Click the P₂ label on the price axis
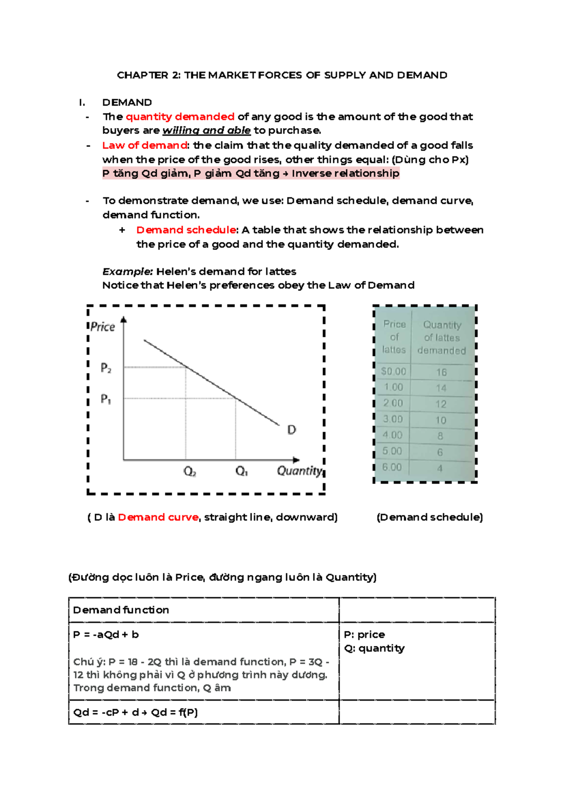pyautogui.click(x=106, y=368)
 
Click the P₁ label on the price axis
pyautogui.click(x=106, y=399)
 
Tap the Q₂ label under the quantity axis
pyautogui.click(x=190, y=471)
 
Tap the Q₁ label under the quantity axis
pyautogui.click(x=242, y=471)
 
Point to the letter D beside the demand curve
pyautogui.click(x=291, y=430)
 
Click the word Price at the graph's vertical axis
pyautogui.click(x=103, y=327)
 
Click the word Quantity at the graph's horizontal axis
pyautogui.click(x=299, y=471)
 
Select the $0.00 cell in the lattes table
pyautogui.click(x=394, y=371)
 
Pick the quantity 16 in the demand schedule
pyautogui.click(x=441, y=372)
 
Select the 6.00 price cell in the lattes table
pyautogui.click(x=392, y=468)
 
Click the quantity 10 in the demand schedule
pyautogui.click(x=441, y=420)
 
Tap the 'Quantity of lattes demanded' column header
pyautogui.click(x=442, y=338)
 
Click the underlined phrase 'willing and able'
pyautogui.click(x=206, y=130)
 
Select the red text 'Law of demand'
pyautogui.click(x=145, y=145)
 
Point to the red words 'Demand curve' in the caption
pyautogui.click(x=158, y=517)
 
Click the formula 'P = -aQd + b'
pyautogui.click(x=106, y=635)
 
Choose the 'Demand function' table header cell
pyautogui.click(x=121, y=610)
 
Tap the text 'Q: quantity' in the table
pyautogui.click(x=374, y=648)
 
